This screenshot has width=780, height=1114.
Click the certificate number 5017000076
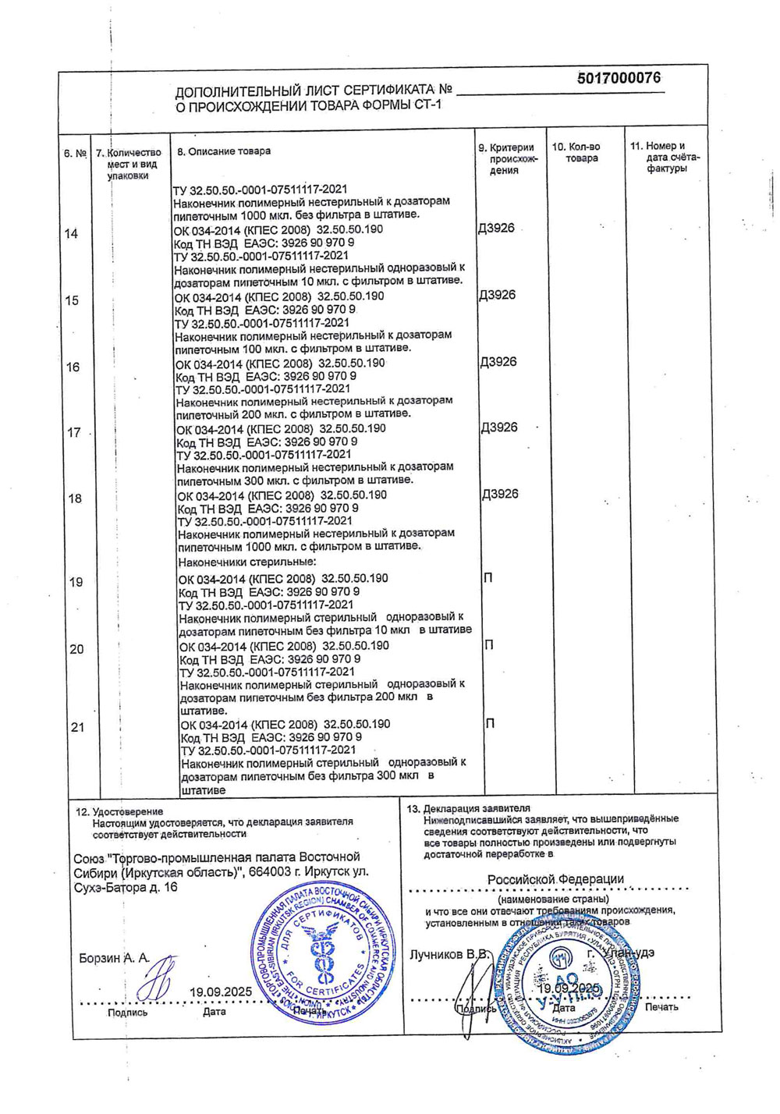(619, 78)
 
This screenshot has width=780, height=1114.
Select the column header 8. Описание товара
(224, 151)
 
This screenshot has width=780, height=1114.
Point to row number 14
(71, 234)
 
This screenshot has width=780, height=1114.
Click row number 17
(74, 433)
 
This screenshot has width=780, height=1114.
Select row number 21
(77, 728)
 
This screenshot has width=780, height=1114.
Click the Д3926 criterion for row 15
(497, 296)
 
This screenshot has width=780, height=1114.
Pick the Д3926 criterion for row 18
(500, 495)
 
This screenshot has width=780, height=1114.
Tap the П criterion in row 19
(488, 578)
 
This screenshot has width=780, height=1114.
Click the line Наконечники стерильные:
(247, 562)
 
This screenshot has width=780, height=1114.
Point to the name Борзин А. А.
(114, 958)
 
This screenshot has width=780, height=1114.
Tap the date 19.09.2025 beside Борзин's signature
(221, 992)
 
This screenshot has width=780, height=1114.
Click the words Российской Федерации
(555, 880)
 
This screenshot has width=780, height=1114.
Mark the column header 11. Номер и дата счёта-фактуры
(665, 158)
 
